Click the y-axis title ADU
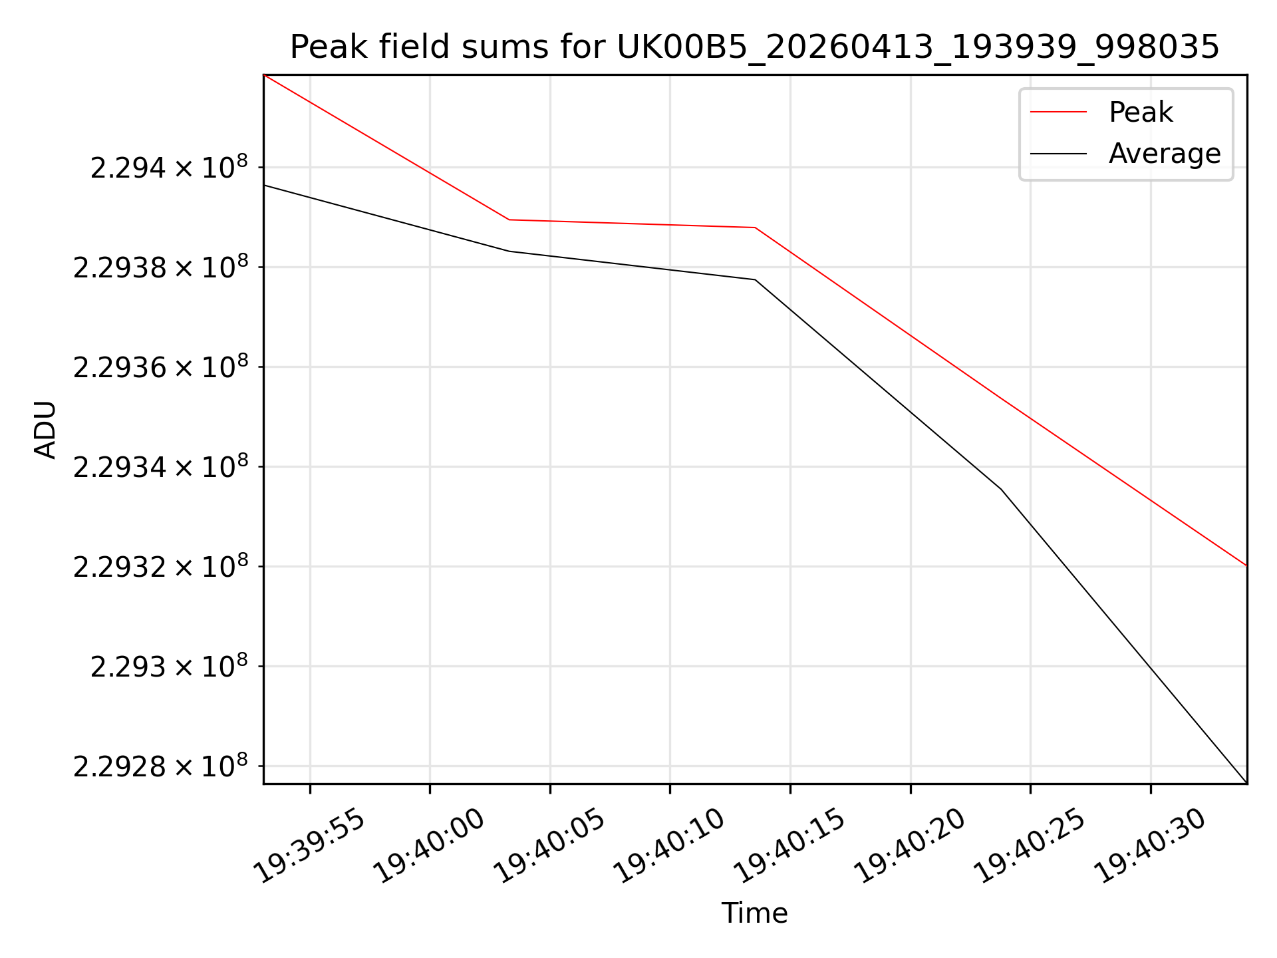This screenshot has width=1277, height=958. coord(45,429)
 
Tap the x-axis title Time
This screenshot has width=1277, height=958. coord(755,913)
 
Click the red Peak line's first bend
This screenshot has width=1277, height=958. coord(509,220)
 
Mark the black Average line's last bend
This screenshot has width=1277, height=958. coord(1001,489)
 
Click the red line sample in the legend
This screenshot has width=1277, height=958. coord(1058,112)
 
